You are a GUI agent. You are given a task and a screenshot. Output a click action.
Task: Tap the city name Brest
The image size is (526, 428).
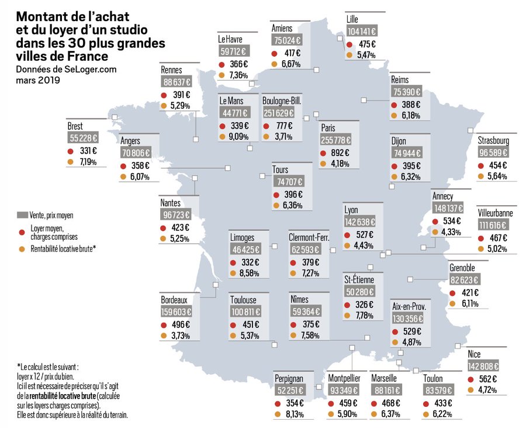coord(75,126)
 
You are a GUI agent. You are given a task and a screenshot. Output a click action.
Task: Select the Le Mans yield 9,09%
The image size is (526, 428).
coord(240,137)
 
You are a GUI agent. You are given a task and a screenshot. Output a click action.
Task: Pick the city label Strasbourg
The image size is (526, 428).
coord(493,141)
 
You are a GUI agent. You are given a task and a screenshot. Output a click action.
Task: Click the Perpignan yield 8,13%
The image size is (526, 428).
coord(294,415)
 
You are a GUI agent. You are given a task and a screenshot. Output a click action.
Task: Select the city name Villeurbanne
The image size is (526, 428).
coord(494,213)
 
